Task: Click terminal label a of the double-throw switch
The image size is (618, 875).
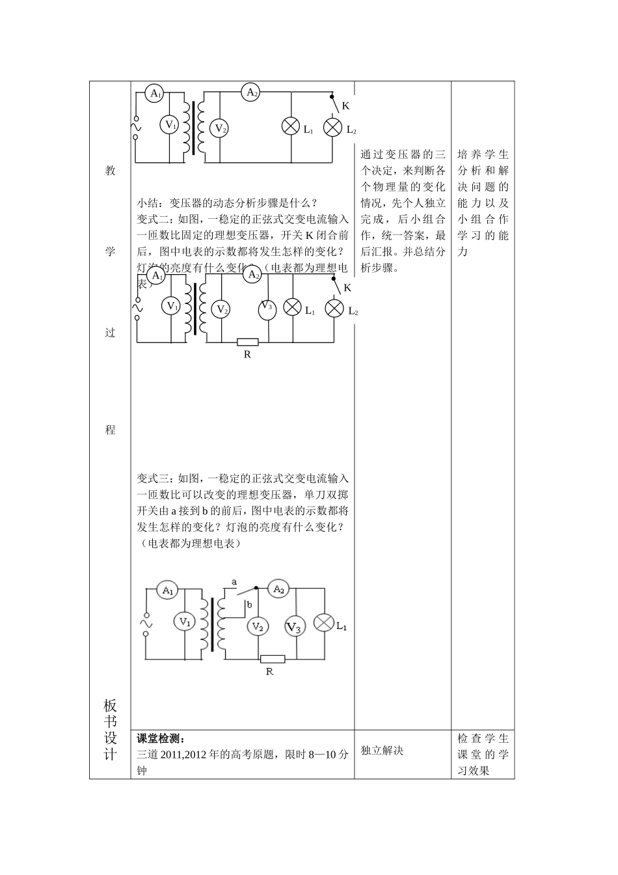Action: [234, 581]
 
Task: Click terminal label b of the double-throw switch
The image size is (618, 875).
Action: [249, 605]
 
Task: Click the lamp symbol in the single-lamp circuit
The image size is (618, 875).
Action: [323, 622]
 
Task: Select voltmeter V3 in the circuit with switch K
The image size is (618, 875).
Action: [265, 308]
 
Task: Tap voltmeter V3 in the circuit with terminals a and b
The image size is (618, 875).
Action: [295, 626]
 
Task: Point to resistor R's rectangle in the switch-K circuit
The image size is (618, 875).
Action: [247, 342]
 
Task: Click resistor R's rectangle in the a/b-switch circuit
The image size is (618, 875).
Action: [272, 658]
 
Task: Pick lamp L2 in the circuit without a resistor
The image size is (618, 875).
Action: [333, 126]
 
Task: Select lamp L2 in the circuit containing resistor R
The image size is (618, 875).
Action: [334, 307]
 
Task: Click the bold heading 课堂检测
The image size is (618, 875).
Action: [161, 739]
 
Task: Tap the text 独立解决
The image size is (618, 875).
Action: [382, 751]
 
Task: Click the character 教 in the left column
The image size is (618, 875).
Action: [110, 171]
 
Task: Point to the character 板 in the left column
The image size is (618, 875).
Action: [110, 706]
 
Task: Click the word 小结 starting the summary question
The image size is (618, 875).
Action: [148, 202]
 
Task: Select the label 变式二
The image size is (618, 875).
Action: [153, 219]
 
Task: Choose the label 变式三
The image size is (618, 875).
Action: [153, 478]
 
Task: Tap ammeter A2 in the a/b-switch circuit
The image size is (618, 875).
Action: [278, 589]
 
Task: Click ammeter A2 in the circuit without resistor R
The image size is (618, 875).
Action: [252, 92]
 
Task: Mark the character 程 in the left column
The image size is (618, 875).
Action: [110, 430]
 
